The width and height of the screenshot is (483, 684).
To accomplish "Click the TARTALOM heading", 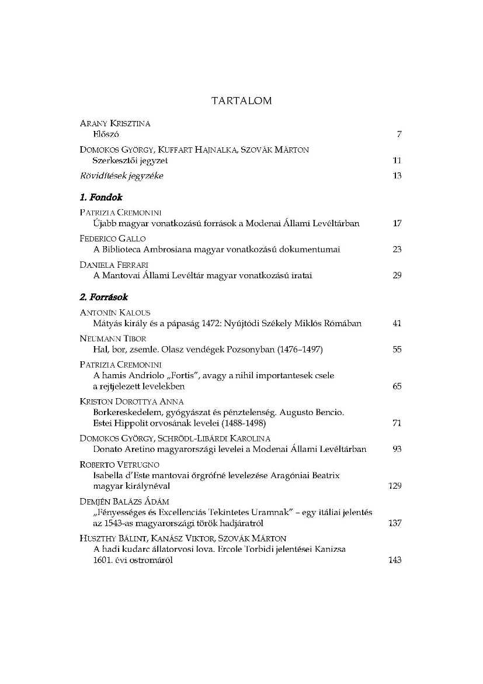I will point(241,101).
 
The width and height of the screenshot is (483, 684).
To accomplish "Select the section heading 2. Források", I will point(103,297).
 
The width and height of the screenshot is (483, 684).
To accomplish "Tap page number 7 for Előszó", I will point(399,134).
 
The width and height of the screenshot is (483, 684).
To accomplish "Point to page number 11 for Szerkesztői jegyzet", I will point(397,160).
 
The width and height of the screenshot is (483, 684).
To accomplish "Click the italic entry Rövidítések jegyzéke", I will point(121,176).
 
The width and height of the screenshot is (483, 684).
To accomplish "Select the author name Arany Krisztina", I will point(114,123).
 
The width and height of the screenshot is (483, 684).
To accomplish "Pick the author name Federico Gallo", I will point(112,239).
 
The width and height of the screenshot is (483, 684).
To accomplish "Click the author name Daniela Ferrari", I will point(114,265).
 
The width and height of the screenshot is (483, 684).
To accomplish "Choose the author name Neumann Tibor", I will point(113,338).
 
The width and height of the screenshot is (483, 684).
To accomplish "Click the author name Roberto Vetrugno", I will point(118,465).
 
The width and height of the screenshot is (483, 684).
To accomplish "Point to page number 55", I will point(397,350).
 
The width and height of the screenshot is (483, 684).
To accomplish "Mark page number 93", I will point(397,449).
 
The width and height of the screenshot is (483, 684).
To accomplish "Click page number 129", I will point(395,486).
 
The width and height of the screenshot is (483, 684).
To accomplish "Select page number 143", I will point(395,559).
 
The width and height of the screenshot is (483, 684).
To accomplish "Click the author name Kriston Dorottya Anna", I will point(131,402).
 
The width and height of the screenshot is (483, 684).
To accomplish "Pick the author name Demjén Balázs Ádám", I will point(124,502).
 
